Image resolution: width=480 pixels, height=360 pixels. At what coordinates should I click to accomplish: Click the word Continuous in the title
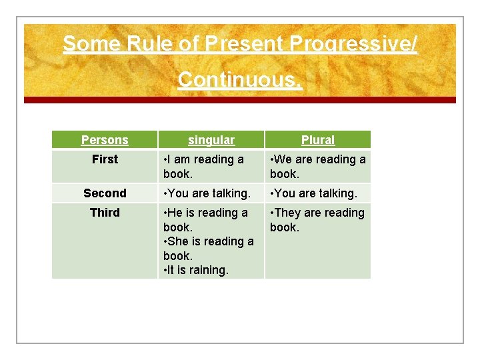click(240, 79)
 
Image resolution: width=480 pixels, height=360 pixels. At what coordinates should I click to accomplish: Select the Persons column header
click(105, 140)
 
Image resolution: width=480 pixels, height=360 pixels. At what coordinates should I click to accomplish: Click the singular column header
click(211, 140)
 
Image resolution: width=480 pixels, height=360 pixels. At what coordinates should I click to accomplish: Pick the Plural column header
click(318, 140)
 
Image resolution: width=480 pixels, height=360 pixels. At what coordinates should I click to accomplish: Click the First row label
click(105, 159)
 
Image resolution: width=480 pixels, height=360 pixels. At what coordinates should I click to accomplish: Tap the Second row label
click(105, 193)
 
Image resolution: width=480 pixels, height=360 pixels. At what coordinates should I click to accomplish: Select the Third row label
click(105, 213)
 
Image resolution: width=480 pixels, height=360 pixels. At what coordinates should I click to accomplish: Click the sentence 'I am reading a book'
click(204, 167)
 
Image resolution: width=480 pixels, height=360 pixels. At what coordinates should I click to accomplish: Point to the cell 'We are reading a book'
click(318, 167)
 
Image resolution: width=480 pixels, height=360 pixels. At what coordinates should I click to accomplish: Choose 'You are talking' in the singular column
click(207, 193)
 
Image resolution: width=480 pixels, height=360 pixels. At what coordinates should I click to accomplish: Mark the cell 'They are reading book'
click(317, 220)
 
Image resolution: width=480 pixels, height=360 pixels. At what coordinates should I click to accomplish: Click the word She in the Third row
click(179, 241)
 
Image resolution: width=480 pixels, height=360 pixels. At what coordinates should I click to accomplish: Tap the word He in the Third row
click(175, 213)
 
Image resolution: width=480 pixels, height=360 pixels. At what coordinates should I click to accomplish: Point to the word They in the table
click(287, 213)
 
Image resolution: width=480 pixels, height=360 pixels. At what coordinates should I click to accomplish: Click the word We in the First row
click(283, 159)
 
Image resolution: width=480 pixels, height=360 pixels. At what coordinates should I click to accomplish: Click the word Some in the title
click(83, 44)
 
